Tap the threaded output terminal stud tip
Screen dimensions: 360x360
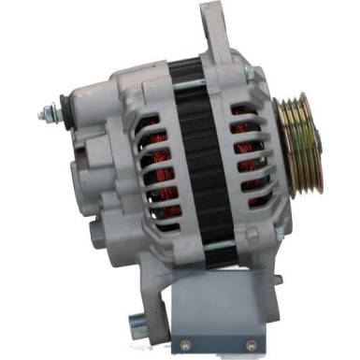[42, 116]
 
